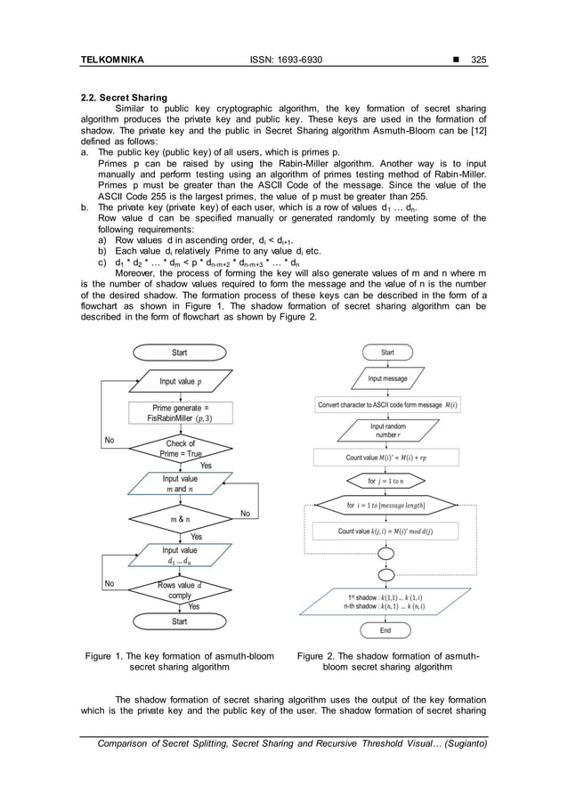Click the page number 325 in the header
(x=478, y=61)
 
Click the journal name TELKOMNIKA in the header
(x=112, y=61)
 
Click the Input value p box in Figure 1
(x=180, y=382)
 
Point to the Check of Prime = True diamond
(x=181, y=448)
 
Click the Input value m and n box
(x=181, y=483)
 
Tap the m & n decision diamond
(x=180, y=518)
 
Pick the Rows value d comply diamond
(x=180, y=590)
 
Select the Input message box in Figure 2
(x=387, y=379)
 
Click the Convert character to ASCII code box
(x=385, y=405)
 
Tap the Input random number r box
(x=387, y=432)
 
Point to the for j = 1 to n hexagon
(x=385, y=482)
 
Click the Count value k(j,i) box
(x=385, y=531)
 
